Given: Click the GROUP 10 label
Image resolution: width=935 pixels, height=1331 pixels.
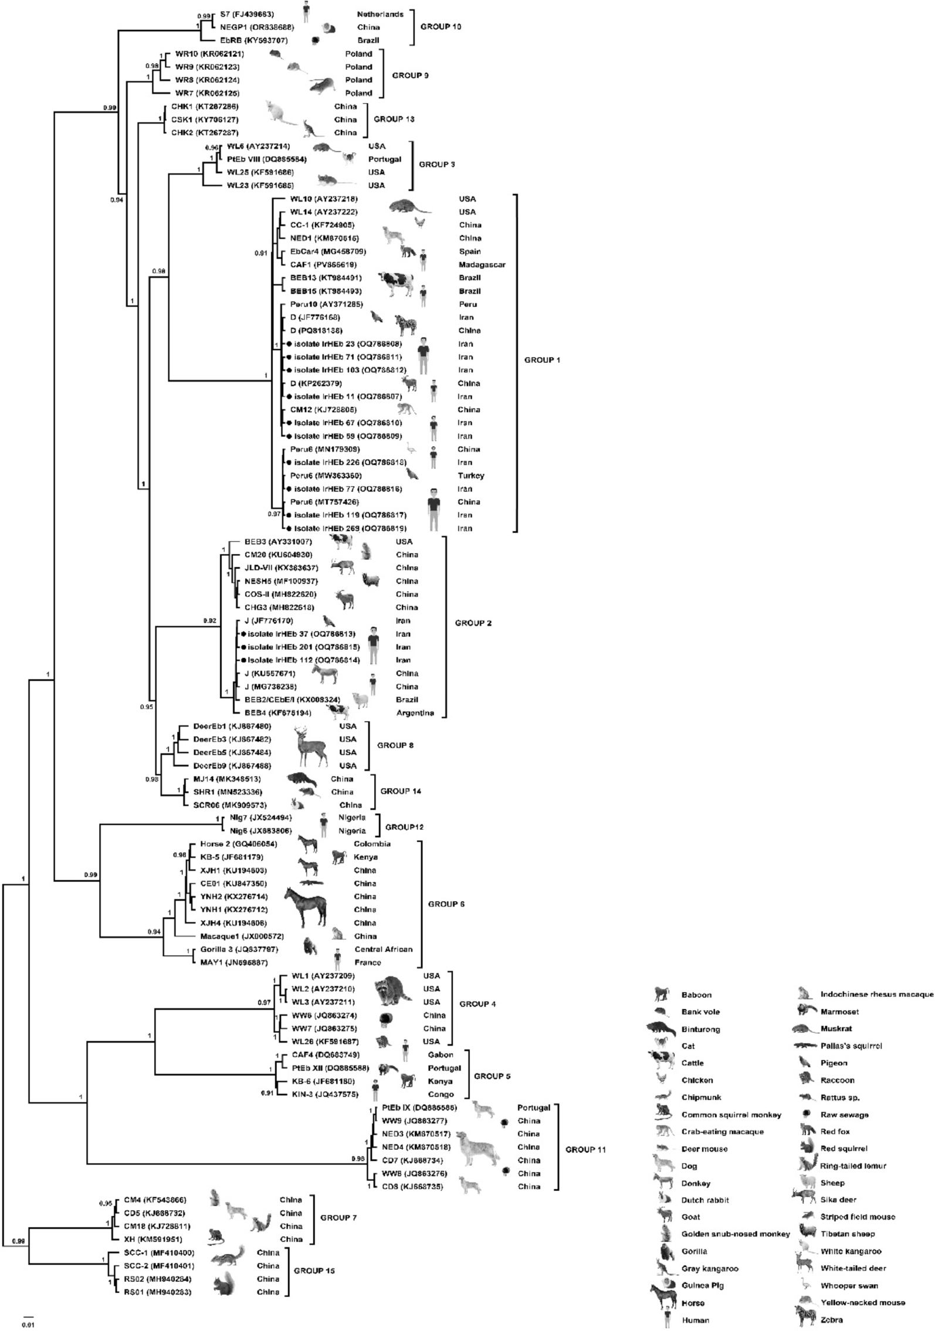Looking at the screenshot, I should click(441, 27).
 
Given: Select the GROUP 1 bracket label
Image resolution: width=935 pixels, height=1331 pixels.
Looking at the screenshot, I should click(542, 360).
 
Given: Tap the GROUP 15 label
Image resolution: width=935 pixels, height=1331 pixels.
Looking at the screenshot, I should click(314, 1271).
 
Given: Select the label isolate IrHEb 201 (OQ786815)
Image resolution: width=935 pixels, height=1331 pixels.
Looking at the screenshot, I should click(303, 647).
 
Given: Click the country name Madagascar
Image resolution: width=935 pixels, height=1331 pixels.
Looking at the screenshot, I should click(482, 265).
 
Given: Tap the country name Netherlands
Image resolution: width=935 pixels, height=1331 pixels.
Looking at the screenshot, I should click(380, 14).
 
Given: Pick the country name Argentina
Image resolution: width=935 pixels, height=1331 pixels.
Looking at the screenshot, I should click(415, 713).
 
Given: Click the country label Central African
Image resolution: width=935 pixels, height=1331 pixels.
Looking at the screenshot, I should click(383, 949).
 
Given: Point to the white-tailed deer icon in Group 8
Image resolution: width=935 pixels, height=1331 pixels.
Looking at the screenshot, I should click(311, 746).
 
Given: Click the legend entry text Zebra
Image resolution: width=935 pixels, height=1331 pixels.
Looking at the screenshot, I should click(831, 1320).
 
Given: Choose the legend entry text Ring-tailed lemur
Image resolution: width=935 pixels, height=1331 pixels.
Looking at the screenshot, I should click(853, 1166).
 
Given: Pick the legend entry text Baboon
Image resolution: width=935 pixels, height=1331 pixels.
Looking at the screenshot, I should click(696, 995).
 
